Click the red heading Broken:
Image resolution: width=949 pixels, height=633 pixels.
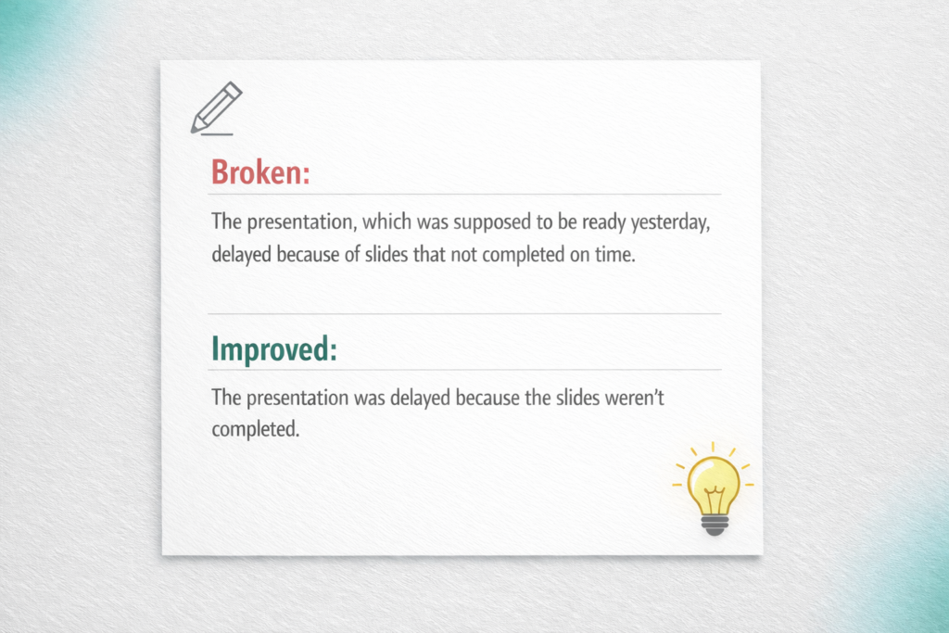[260, 171]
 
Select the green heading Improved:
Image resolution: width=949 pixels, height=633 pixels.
[274, 349]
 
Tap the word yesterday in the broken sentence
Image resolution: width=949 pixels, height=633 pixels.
[670, 222]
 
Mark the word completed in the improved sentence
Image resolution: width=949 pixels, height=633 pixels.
[256, 429]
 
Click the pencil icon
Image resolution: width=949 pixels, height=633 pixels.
[216, 108]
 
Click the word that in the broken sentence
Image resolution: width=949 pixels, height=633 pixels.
[429, 254]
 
